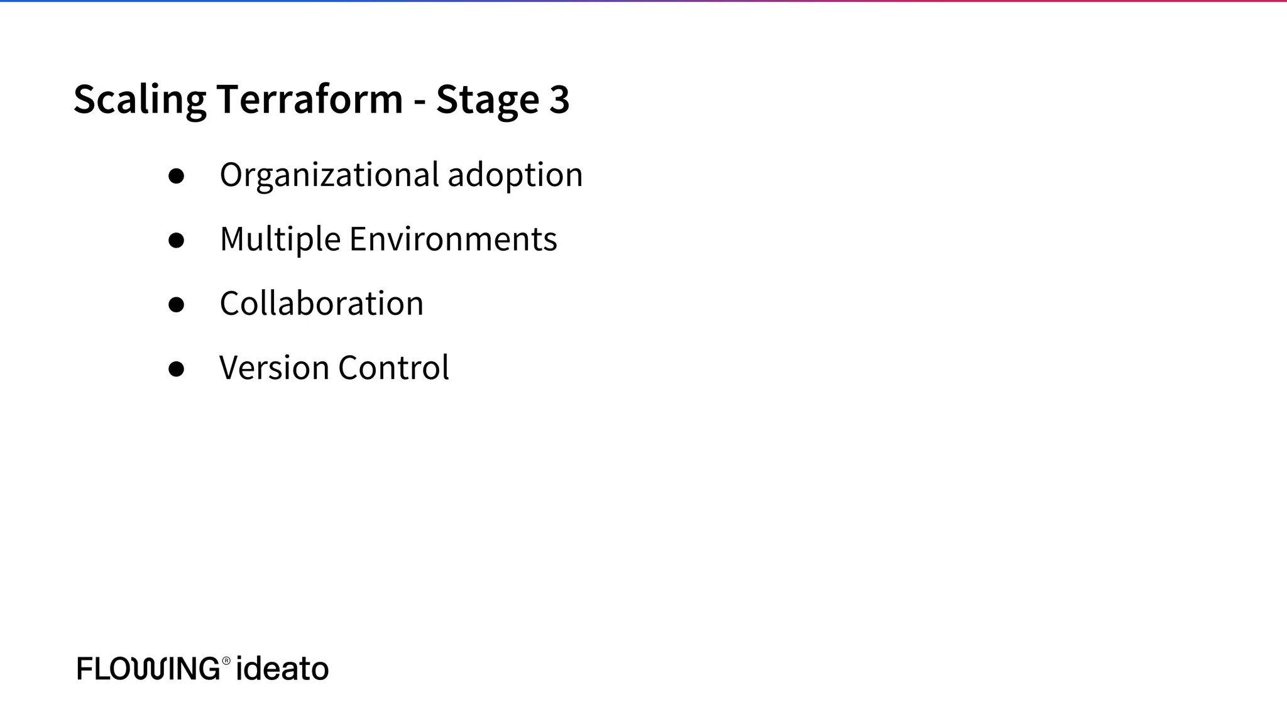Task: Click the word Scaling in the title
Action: (140, 99)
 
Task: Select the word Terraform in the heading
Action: (309, 99)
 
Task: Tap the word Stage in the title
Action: (487, 99)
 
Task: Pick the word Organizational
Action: (329, 175)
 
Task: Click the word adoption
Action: (515, 175)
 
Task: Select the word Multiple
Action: (280, 239)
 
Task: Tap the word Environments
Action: (453, 239)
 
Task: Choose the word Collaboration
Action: (321, 304)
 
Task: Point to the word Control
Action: (393, 368)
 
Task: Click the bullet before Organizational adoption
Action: (177, 176)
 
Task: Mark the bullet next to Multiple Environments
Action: (177, 240)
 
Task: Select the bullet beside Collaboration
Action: (177, 305)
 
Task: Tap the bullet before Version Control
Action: (177, 369)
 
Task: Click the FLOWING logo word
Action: (148, 668)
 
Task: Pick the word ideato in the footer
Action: (282, 668)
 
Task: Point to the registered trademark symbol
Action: (226, 660)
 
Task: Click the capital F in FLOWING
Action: (84, 668)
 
